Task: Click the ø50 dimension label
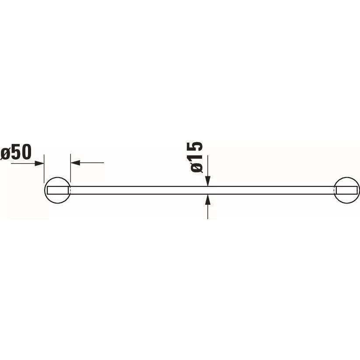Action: (x=16, y=152)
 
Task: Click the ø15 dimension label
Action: (x=196, y=157)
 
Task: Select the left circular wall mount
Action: (x=57, y=190)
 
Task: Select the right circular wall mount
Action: (x=347, y=190)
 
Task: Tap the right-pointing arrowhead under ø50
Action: (x=39, y=163)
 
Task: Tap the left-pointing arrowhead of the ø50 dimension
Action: (x=75, y=163)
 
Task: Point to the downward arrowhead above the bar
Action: (x=207, y=181)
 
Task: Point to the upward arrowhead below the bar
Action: (x=207, y=199)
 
